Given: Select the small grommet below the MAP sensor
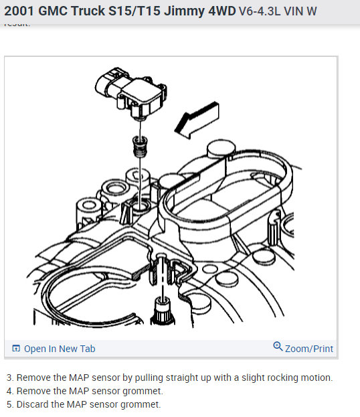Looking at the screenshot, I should coord(139,143).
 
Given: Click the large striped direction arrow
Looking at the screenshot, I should coord(196,120).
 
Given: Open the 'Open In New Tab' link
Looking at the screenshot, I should coord(60,349).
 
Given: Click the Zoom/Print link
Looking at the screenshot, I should coord(308,349).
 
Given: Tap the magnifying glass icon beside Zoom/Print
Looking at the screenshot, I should coord(278,347).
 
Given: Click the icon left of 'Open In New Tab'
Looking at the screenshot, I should coord(16,349).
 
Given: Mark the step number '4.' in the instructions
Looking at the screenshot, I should coord(9,391).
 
